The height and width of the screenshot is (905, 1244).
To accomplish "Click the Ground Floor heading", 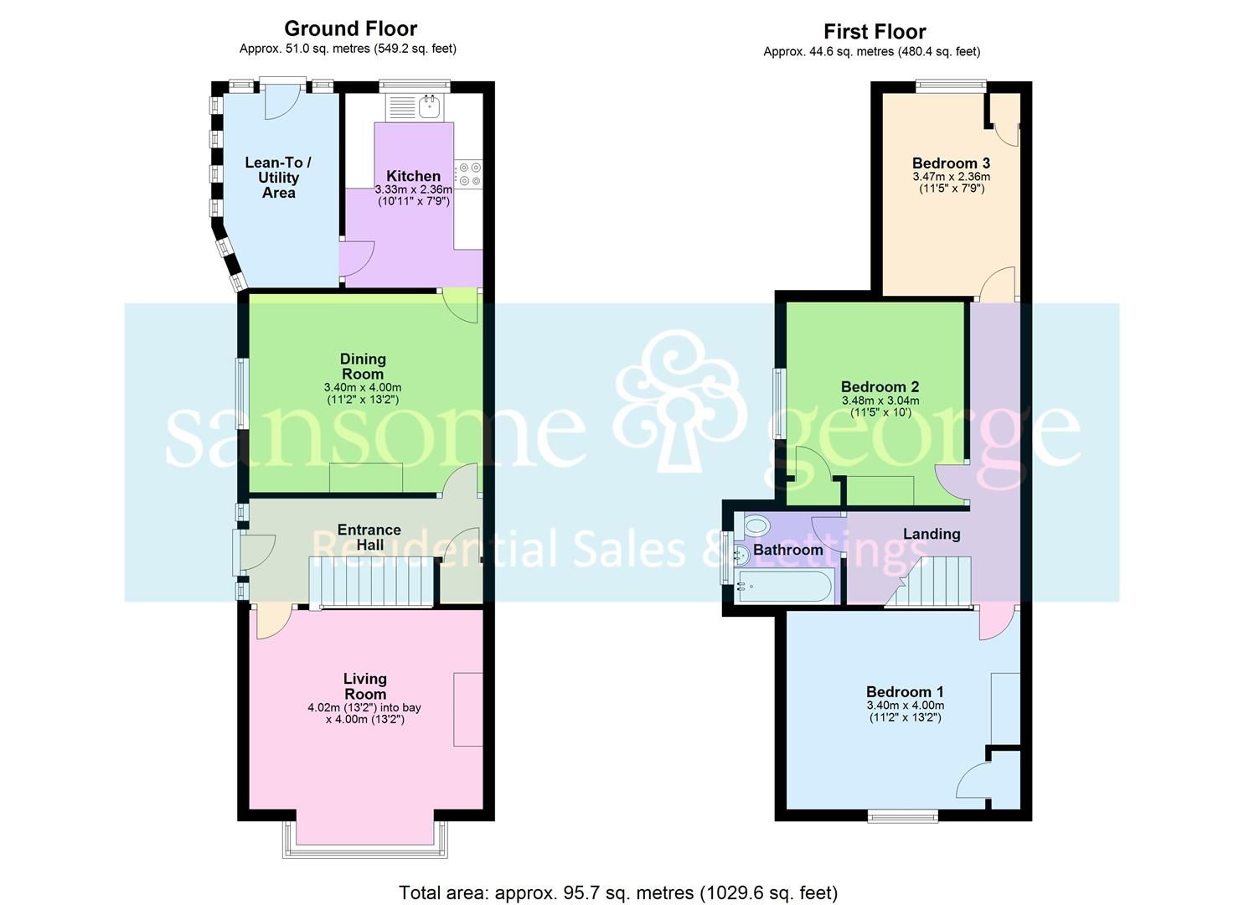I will pos(350,28).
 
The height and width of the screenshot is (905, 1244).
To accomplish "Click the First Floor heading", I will pos(874,32).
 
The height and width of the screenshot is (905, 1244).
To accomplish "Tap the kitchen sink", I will pos(430,106).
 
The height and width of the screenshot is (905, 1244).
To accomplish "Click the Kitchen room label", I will pos(413,176).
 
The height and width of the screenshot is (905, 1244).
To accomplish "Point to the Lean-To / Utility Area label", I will pos(278,178).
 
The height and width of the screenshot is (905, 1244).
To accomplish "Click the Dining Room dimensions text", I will pos(363,394).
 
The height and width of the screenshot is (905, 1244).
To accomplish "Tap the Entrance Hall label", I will pos(369,537).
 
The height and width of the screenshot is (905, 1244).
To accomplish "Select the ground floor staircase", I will pos(372,581).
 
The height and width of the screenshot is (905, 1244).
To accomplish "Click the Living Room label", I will pos(365,685).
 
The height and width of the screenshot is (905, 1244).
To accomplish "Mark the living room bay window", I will pos(364,838).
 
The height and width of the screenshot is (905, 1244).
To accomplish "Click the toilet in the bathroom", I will pos(755,526).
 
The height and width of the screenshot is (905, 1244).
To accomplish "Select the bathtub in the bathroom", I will pos(783,586).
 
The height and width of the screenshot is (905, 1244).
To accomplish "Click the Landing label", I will pos(932,534).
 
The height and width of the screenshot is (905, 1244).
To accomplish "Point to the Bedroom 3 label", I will pos(951,163).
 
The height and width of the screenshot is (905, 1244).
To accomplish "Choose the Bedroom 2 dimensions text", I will pos(880,406).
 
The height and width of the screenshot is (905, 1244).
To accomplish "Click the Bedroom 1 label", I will pos(905,692).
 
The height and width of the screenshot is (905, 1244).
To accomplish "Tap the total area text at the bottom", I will pos(618,892).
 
